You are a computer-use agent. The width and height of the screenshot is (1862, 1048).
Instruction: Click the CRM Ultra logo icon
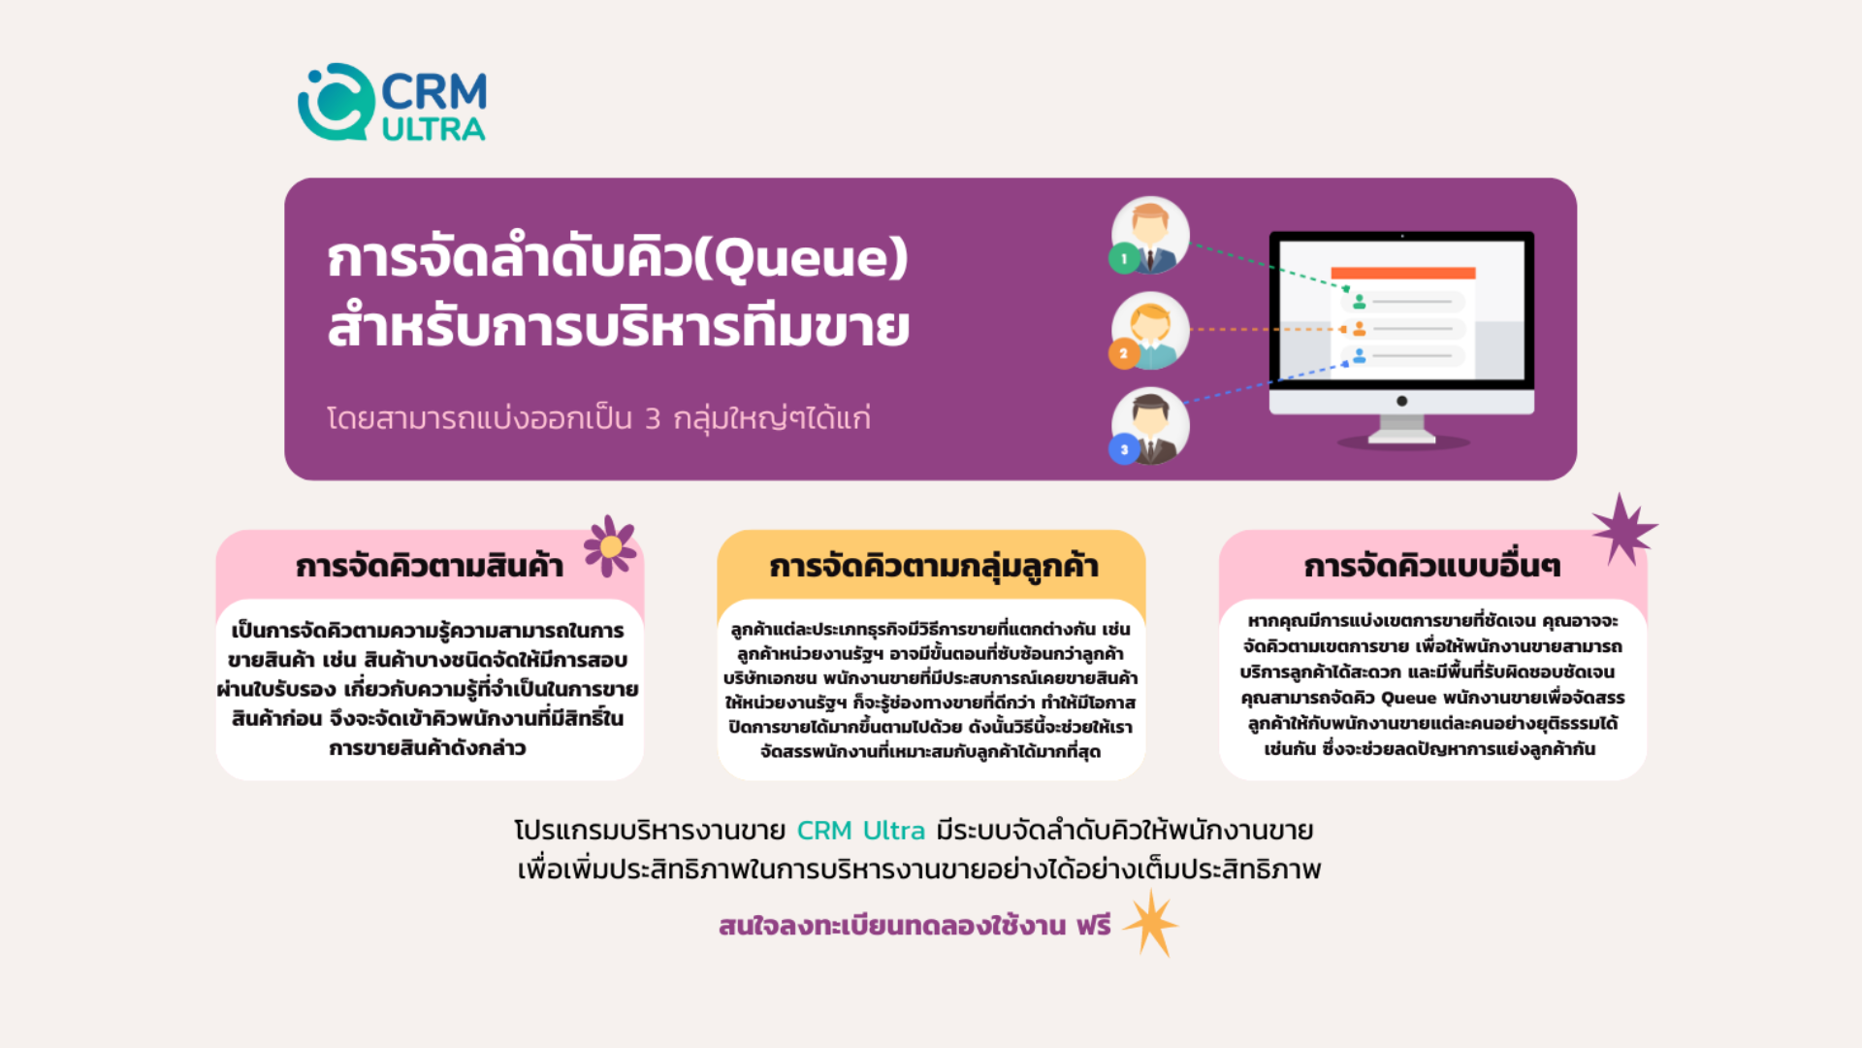(x=336, y=102)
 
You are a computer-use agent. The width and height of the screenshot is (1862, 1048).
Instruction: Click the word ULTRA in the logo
(x=433, y=129)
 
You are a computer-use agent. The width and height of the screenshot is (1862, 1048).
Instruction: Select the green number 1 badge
(x=1124, y=258)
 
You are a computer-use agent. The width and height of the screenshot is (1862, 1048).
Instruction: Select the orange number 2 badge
(x=1124, y=353)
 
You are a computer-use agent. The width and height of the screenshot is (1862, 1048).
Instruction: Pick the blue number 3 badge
(x=1124, y=449)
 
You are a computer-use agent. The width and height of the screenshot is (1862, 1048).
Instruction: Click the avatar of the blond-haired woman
(x=1151, y=331)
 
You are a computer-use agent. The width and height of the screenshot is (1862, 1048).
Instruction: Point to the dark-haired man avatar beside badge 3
(x=1151, y=426)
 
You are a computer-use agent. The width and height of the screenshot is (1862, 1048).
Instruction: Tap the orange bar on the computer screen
(x=1402, y=274)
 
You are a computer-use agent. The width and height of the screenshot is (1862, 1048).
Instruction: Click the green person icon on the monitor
(x=1360, y=302)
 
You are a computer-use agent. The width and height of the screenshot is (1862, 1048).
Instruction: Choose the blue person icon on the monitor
(x=1360, y=356)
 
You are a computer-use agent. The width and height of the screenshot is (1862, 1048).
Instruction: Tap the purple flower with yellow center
(x=610, y=546)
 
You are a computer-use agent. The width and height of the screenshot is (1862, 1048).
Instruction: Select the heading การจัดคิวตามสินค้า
(x=430, y=565)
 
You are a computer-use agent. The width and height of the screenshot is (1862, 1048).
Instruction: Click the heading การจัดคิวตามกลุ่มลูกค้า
(x=934, y=566)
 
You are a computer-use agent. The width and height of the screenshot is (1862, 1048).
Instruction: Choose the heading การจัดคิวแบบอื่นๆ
(x=1432, y=566)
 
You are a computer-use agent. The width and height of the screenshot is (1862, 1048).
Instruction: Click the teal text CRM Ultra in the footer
(x=861, y=831)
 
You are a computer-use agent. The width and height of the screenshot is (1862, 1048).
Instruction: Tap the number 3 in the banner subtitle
(x=653, y=419)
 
